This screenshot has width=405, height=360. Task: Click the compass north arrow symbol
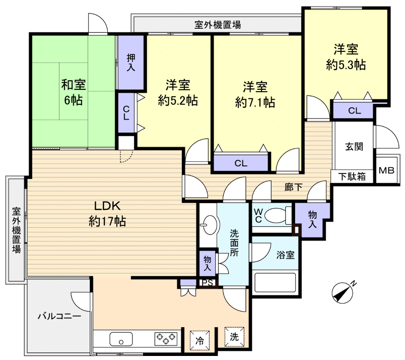click(x=343, y=292)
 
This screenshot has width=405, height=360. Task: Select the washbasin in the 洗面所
click(x=210, y=225)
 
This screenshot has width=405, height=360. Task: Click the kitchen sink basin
click(x=121, y=339)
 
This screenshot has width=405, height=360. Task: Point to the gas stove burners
click(x=166, y=339)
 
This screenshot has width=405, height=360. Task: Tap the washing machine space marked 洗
click(x=234, y=337)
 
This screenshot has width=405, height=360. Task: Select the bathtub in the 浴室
click(x=275, y=283)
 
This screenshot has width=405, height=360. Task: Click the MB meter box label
click(x=386, y=170)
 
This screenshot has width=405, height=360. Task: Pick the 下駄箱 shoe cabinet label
click(x=352, y=176)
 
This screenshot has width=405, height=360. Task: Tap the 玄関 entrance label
click(x=354, y=147)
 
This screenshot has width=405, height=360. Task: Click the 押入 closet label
click(x=130, y=63)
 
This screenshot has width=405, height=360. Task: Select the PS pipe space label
click(x=208, y=283)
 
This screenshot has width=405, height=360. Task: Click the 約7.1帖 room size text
click(x=255, y=103)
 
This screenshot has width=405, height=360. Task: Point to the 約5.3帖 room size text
click(x=346, y=65)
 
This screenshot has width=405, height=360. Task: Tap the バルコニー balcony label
click(x=59, y=316)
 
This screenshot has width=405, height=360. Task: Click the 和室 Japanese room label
click(x=74, y=85)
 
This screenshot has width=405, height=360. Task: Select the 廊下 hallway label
click(x=293, y=187)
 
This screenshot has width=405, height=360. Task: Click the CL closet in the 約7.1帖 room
click(x=241, y=163)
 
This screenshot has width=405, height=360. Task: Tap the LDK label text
click(x=107, y=206)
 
